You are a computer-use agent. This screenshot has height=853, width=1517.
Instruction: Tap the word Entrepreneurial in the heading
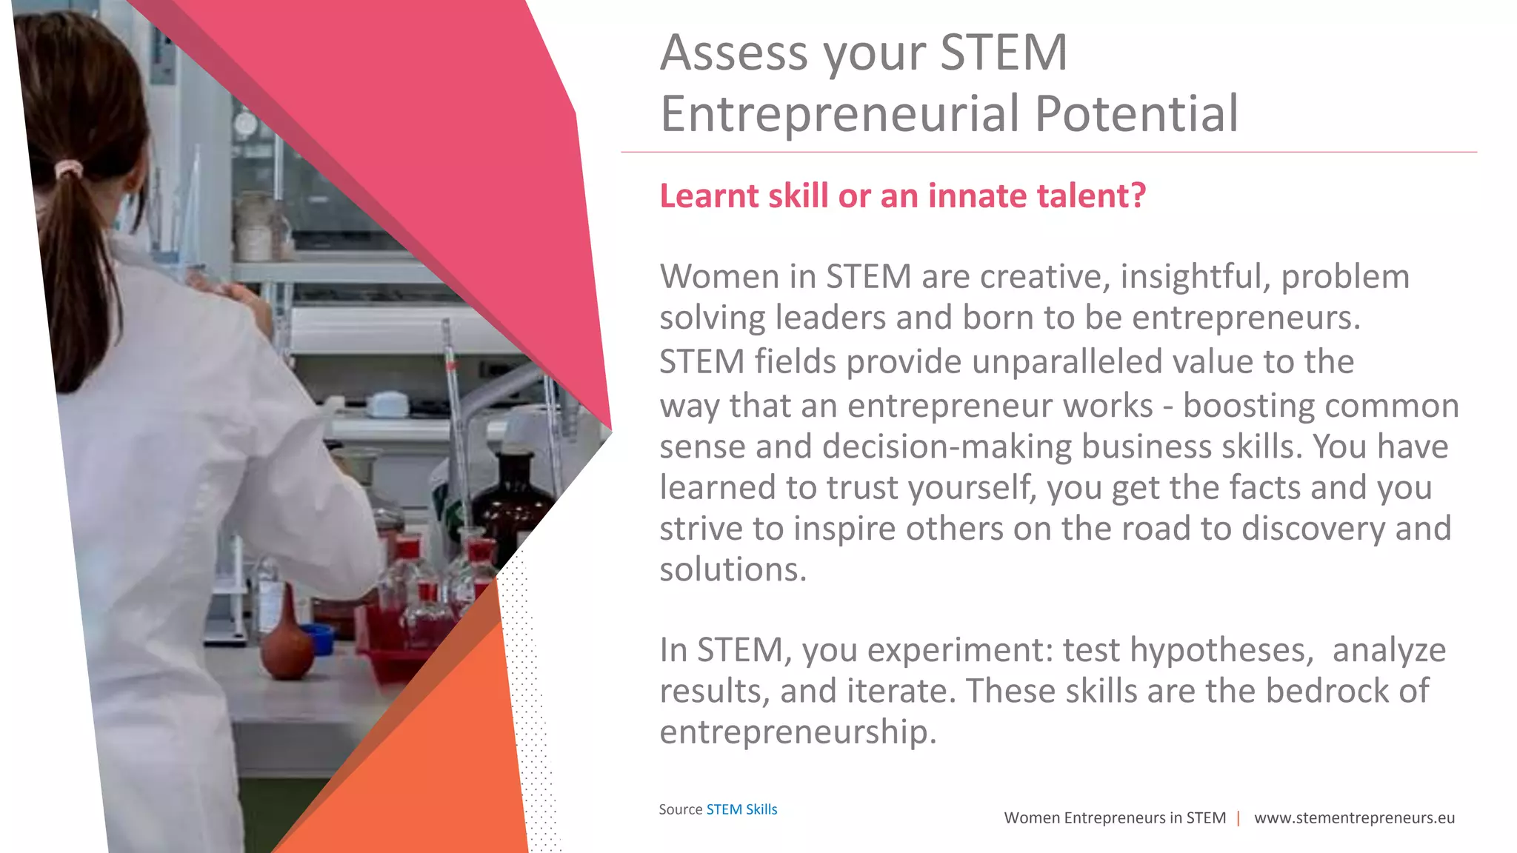841,115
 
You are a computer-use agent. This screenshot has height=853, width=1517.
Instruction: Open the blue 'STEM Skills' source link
741,809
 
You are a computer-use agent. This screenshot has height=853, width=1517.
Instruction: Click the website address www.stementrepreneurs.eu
1354,818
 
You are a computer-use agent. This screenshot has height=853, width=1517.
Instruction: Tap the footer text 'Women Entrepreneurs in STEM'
1114,818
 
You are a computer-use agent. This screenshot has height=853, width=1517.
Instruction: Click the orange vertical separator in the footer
1238,818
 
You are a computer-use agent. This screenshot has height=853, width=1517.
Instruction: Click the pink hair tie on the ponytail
68,170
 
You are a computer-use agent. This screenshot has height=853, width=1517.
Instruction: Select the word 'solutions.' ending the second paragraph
733,570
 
